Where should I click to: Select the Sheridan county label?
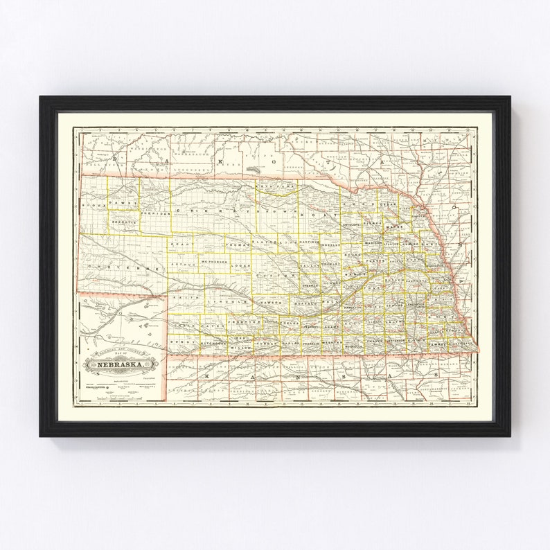(x=156, y=215)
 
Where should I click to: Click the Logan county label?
(x=241, y=265)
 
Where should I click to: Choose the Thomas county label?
(x=237, y=244)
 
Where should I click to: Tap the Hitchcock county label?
(x=214, y=343)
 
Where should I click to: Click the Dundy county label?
(x=183, y=343)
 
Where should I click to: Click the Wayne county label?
(x=394, y=227)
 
